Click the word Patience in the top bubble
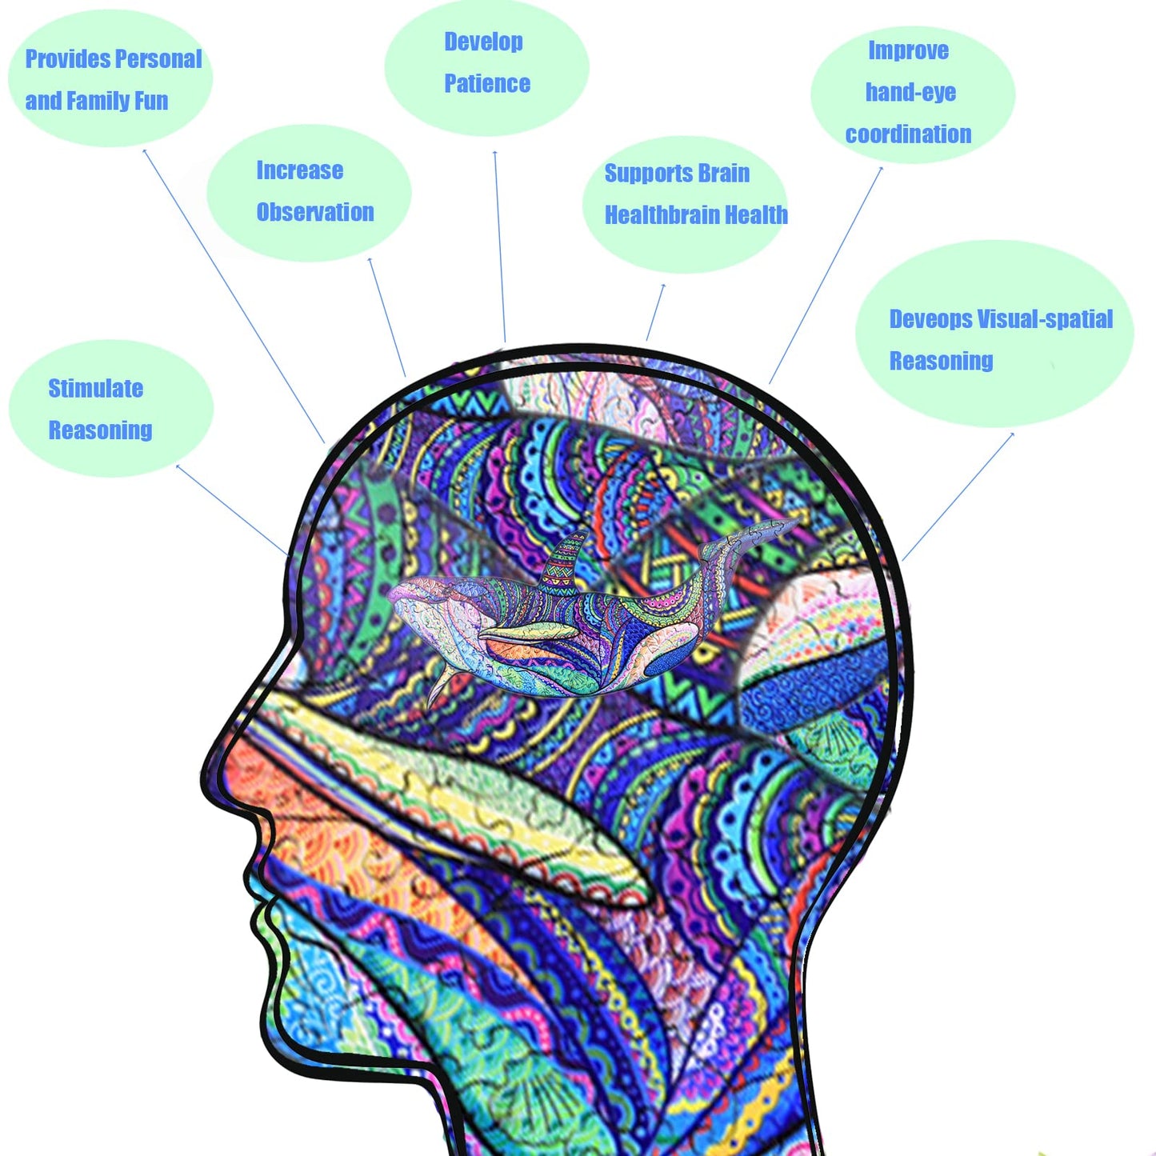click(486, 84)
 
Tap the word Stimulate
click(95, 389)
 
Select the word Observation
click(314, 213)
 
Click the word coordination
click(908, 134)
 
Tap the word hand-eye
click(910, 93)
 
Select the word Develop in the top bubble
click(483, 42)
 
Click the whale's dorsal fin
click(564, 560)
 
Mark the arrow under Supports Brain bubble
click(655, 313)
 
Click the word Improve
click(908, 51)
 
